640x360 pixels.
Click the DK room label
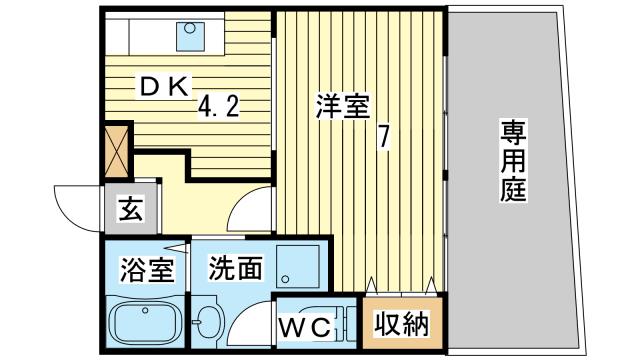point(163,88)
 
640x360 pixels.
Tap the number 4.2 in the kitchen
point(217,106)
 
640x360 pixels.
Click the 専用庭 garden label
point(514,163)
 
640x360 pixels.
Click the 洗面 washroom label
point(236,268)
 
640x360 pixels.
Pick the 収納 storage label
point(402,324)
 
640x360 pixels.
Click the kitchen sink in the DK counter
point(190,36)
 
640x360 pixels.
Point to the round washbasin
point(208,322)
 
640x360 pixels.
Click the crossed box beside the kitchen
point(118,148)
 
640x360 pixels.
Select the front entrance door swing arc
point(75,205)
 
